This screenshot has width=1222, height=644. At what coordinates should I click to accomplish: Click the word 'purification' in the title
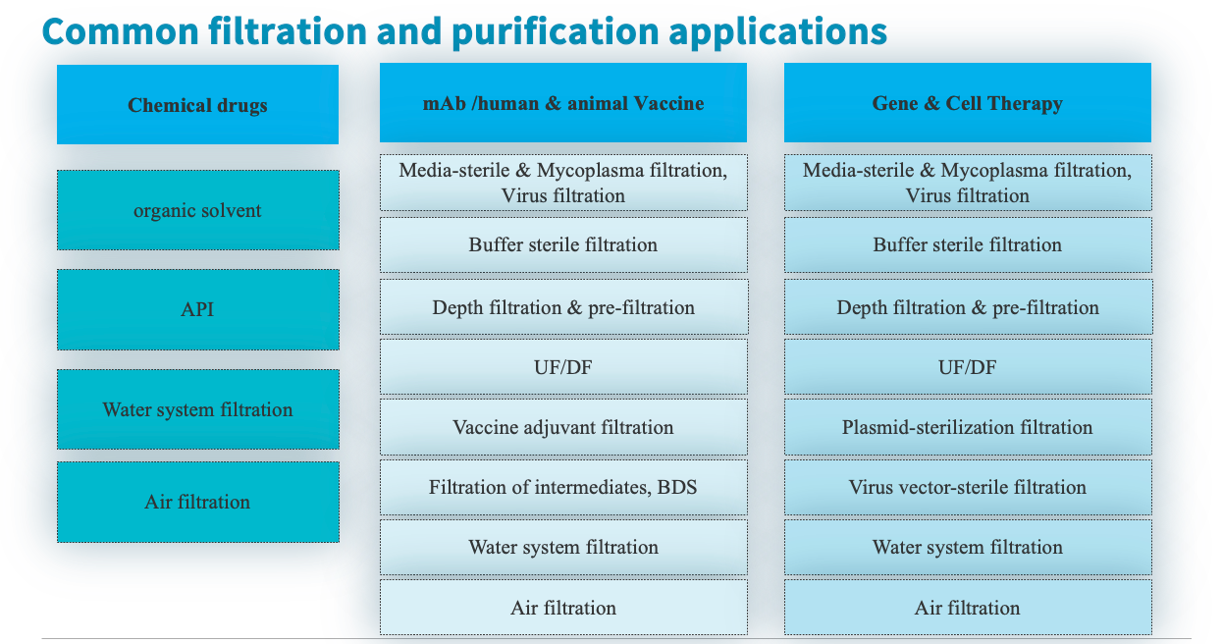tap(555, 31)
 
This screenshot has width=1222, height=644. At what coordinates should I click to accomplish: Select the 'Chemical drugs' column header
tap(197, 104)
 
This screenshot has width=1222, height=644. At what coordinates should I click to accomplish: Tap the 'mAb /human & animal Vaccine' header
tap(563, 103)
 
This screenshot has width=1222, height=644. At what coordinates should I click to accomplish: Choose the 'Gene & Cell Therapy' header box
tap(967, 103)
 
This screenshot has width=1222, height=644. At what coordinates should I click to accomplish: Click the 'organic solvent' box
tap(198, 210)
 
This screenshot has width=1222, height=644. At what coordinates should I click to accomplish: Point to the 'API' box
tap(198, 309)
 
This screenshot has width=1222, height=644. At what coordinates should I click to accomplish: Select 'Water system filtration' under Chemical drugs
tap(198, 409)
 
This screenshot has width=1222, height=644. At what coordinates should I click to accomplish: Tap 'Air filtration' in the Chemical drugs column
tap(198, 502)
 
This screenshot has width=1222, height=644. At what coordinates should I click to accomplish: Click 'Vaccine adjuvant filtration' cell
tap(563, 427)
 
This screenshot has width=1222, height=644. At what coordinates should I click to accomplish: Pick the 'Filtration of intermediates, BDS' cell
tap(563, 487)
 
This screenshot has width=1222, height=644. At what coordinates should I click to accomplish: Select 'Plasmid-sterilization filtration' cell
tap(968, 427)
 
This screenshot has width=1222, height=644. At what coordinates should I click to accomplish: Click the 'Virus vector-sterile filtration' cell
tap(968, 487)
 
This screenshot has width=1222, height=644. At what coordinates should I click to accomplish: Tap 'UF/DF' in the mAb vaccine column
tap(563, 367)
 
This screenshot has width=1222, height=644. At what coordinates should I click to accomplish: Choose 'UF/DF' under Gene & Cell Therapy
tap(968, 367)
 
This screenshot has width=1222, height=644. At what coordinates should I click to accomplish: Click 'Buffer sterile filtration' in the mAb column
tap(563, 244)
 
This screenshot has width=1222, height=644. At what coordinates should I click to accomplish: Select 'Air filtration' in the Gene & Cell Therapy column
tap(968, 608)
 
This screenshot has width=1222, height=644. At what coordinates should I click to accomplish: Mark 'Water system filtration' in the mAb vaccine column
tap(563, 547)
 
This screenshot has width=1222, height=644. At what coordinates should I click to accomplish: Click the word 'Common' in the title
tap(120, 30)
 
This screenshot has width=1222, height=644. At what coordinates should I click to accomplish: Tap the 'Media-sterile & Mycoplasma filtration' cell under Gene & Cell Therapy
tap(968, 183)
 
